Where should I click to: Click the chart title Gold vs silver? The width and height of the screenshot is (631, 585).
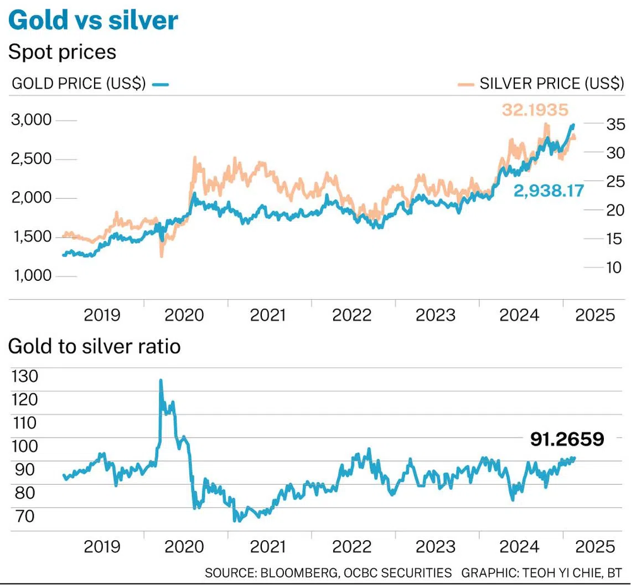93,20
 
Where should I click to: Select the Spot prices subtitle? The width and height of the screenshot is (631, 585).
62,52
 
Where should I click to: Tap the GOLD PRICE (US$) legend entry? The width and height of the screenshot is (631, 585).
79,84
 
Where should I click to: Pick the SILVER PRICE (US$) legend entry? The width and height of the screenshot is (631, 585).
551,84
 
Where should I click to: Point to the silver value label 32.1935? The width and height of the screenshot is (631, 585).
535,110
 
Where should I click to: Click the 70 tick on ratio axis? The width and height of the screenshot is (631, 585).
24,516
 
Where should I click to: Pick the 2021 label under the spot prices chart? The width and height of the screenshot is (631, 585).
268,315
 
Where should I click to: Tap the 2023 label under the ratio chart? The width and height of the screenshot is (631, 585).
435,546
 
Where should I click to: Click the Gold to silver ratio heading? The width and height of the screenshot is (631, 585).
94,347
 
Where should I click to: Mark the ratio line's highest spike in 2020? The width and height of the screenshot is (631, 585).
161,381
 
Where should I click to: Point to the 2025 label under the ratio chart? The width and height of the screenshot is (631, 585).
595,546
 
